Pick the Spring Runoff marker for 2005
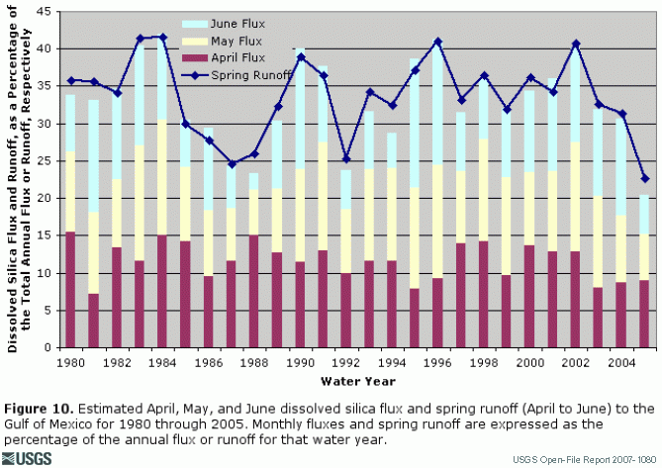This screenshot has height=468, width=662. coord(644,179)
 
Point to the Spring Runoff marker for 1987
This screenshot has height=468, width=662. coord(232,164)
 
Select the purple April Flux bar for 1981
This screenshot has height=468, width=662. coord(93,321)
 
